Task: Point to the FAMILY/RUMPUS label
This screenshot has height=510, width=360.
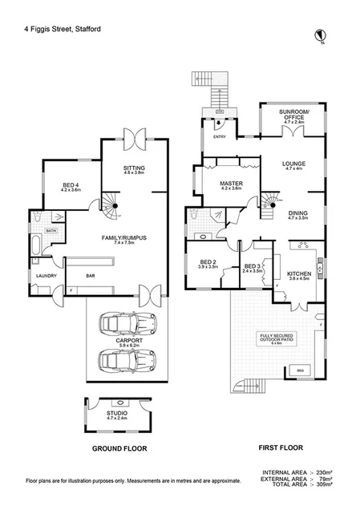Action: tap(117, 239)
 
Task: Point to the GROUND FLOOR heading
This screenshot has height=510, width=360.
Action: tap(119, 448)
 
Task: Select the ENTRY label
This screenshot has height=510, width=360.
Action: tap(219, 136)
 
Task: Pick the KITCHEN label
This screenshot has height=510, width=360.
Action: tap(299, 275)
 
